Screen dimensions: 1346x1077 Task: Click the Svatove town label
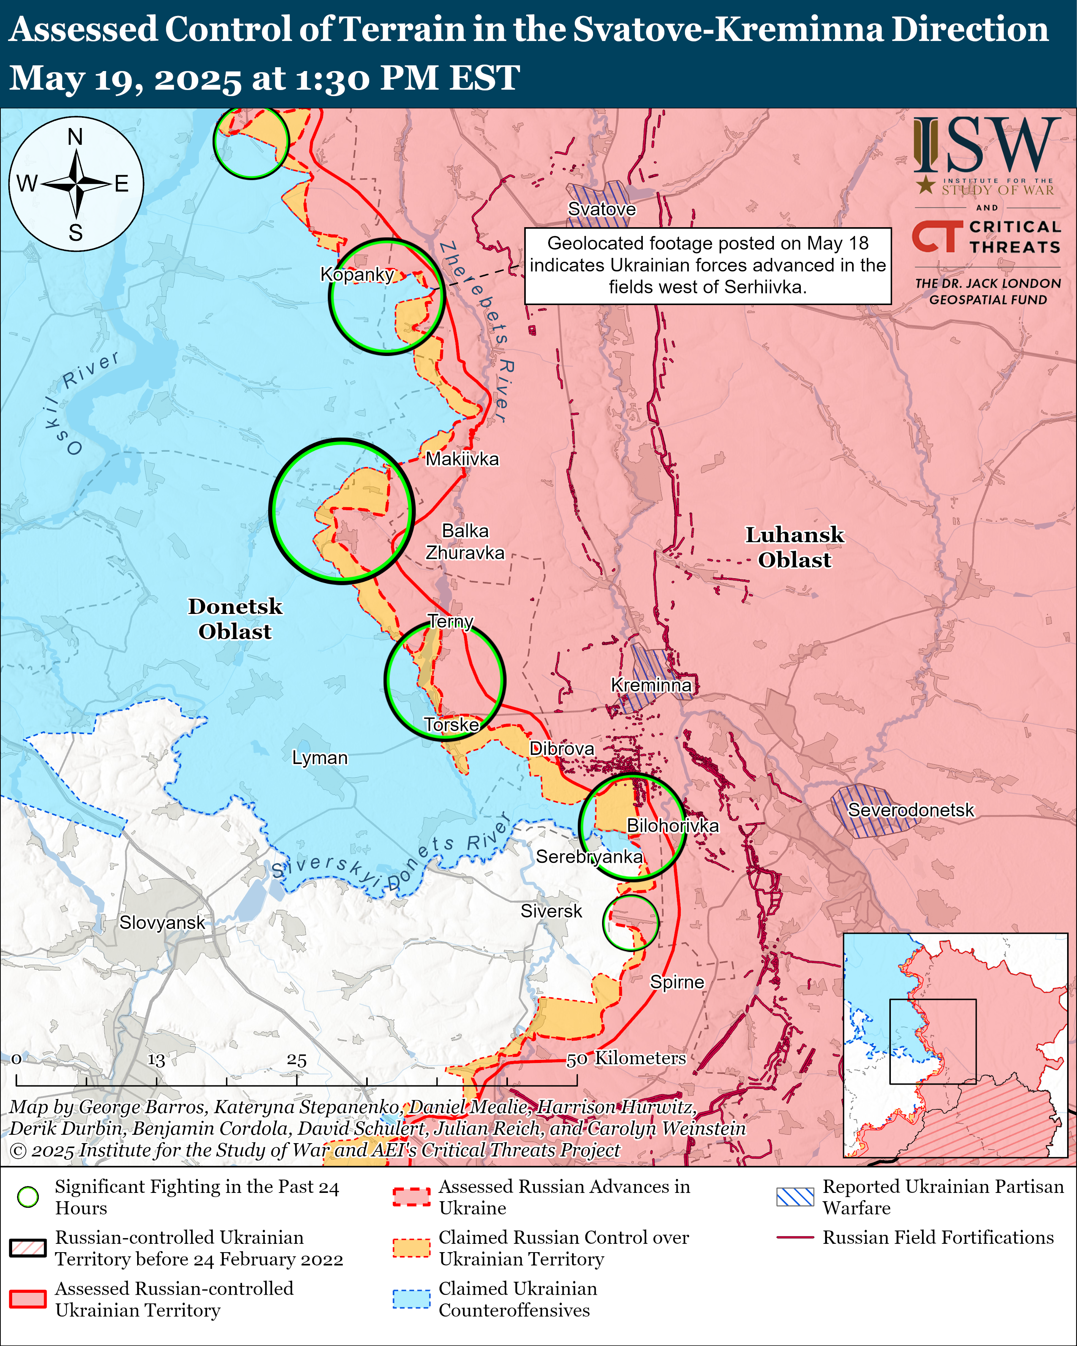click(x=601, y=209)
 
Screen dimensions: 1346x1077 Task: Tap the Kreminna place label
click(x=651, y=685)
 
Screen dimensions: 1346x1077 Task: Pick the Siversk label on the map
click(x=551, y=911)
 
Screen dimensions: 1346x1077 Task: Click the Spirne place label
click(x=677, y=982)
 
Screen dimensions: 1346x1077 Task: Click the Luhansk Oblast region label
click(x=794, y=547)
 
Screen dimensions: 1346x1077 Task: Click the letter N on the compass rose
click(x=76, y=136)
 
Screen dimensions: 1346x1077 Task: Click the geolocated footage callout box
click(x=707, y=265)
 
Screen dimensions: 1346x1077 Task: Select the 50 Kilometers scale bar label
click(x=626, y=1058)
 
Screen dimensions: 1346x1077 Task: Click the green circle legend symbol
click(x=28, y=1197)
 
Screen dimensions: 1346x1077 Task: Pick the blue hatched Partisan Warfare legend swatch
click(x=795, y=1197)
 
